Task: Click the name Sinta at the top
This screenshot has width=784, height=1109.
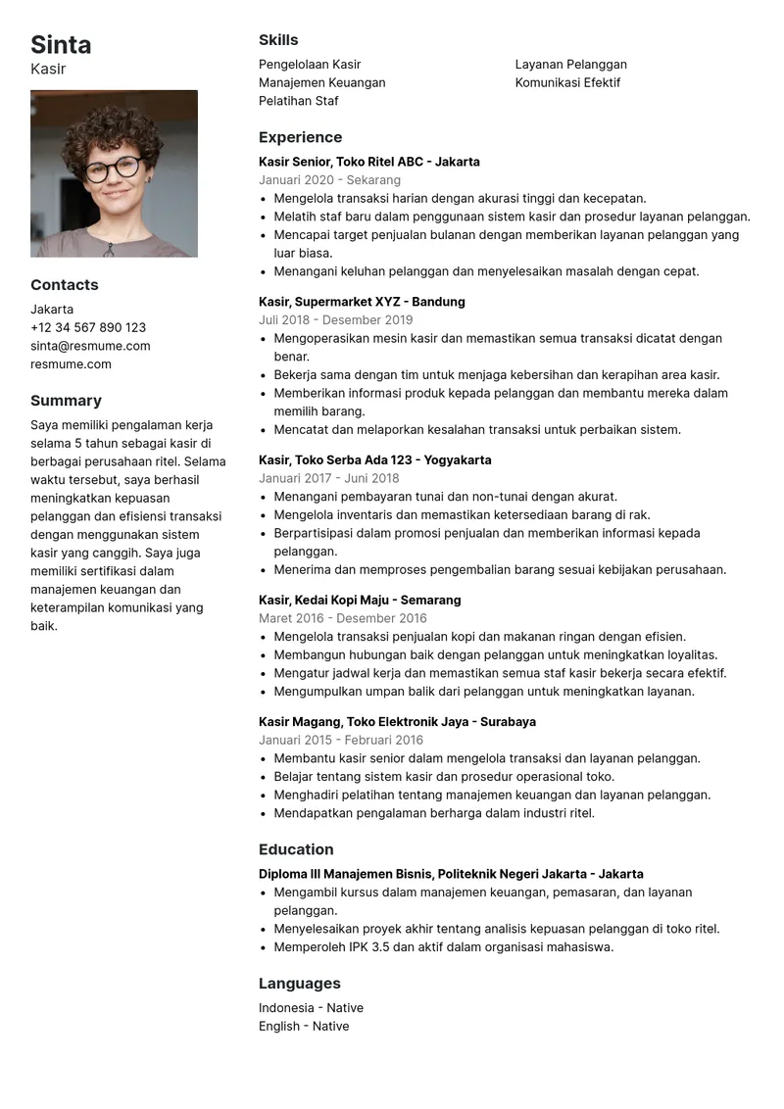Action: [x=61, y=45]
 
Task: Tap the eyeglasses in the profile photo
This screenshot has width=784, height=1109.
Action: [x=113, y=169]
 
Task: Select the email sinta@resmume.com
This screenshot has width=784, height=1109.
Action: [x=90, y=346]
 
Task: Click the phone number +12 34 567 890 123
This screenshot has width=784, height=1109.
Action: [x=88, y=327]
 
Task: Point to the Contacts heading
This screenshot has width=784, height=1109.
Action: [x=65, y=285]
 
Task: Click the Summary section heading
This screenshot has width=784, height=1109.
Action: [x=66, y=401]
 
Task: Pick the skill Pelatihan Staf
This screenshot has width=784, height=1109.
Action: [x=299, y=101]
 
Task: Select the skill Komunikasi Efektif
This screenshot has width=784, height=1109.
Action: [x=567, y=82]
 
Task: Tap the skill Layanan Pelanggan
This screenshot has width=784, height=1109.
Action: [x=571, y=65]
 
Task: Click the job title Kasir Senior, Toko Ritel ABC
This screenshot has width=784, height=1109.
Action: [x=369, y=162]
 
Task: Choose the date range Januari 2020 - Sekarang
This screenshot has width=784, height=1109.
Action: [x=329, y=180]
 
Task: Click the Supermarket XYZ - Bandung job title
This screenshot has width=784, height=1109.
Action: [x=362, y=302]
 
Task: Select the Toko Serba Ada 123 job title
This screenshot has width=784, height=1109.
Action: [x=375, y=460]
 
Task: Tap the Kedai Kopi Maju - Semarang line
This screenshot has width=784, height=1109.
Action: [x=360, y=600]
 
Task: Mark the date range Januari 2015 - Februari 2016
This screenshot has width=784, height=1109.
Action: [x=341, y=741]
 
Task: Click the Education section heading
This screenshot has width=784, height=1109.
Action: [x=296, y=849]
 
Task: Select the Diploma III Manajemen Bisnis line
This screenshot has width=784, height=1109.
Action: [x=451, y=874]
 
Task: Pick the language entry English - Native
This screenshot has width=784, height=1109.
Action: [x=304, y=1027]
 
